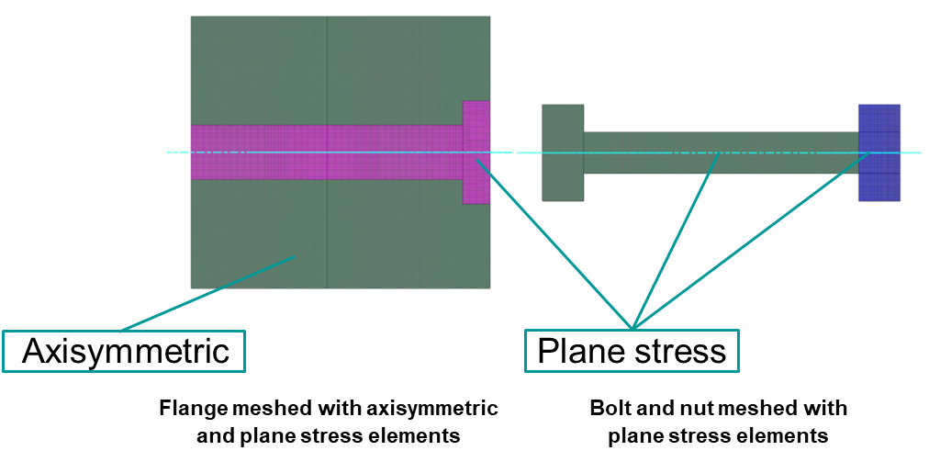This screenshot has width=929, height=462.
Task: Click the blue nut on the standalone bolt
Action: (x=879, y=152)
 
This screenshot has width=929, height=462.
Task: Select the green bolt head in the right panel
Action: (x=562, y=152)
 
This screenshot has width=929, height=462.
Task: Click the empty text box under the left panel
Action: (x=124, y=351)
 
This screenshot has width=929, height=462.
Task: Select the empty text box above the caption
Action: (x=632, y=350)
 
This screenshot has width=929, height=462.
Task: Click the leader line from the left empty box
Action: (x=207, y=293)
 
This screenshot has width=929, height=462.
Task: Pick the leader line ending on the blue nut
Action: (x=753, y=239)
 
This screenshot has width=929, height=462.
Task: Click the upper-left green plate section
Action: (x=258, y=70)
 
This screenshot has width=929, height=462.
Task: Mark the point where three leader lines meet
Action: (x=632, y=328)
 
